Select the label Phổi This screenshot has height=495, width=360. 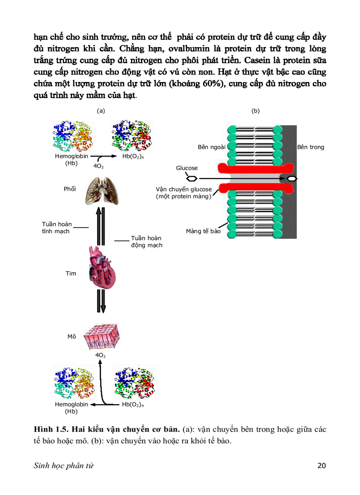click(70, 189)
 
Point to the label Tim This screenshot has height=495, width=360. click(71, 273)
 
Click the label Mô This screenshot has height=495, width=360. click(71, 336)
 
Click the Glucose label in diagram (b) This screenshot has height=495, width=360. click(187, 168)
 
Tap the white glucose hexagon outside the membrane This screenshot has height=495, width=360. click(191, 179)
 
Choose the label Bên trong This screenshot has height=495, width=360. click(311, 147)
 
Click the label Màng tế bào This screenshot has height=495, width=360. click(203, 231)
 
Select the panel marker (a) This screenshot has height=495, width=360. click(101, 111)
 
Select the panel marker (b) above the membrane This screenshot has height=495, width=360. click(255, 111)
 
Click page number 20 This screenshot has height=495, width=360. click(322, 465)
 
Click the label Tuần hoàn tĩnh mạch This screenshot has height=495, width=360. click(56, 227)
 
